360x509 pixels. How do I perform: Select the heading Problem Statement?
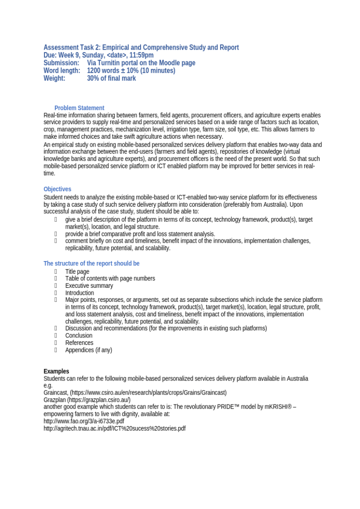(79, 108)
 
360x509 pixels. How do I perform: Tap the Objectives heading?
(57, 189)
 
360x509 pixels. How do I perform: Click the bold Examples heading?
(56, 371)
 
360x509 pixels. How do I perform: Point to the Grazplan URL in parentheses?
(99, 400)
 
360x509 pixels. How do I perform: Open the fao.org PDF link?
(84, 421)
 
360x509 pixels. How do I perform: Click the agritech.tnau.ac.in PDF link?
(114, 428)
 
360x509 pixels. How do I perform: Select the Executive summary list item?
(89, 285)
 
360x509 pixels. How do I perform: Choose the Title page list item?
(77, 271)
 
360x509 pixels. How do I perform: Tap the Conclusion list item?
(79, 336)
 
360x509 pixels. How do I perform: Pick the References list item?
(79, 343)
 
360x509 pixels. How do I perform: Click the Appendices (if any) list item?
(89, 350)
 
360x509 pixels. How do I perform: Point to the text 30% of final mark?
(111, 78)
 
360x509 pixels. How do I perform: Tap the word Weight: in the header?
(54, 78)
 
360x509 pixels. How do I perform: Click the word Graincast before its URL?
(55, 392)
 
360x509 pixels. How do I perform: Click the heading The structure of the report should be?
(91, 263)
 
